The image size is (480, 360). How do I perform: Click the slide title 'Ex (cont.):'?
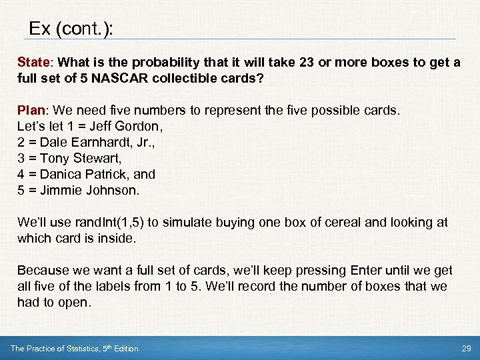[x=71, y=29]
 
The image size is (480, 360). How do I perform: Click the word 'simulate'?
[x=178, y=222]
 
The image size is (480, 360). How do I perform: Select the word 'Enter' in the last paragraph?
[x=366, y=270]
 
